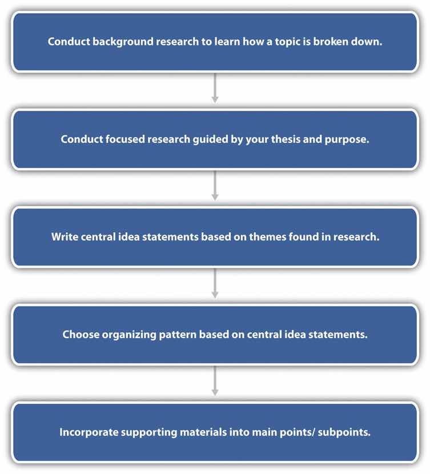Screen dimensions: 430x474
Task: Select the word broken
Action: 330,41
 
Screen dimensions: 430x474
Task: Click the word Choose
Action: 81,334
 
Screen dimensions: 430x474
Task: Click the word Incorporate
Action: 89,432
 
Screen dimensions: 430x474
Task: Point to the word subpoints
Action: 344,432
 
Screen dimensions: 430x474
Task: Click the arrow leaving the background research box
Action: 215,88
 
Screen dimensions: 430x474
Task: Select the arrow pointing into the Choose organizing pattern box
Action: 215,283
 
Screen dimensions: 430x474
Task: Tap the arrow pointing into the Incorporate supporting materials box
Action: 215,381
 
